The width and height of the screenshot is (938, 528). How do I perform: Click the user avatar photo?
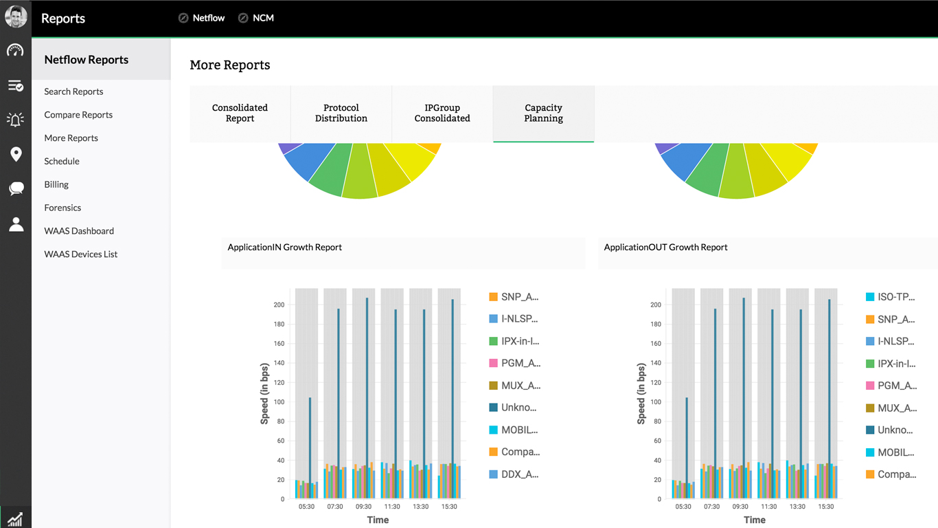[x=16, y=16]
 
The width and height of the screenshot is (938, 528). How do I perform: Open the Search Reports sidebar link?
[x=73, y=91]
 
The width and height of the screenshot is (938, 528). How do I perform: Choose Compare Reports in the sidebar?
[x=78, y=115]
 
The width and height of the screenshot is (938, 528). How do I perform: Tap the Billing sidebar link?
[x=56, y=184]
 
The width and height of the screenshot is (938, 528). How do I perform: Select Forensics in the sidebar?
[x=62, y=208]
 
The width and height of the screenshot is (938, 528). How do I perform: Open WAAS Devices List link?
[x=81, y=254]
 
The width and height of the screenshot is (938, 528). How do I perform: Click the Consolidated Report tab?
[x=240, y=113]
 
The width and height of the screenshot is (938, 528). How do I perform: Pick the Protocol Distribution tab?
[x=341, y=113]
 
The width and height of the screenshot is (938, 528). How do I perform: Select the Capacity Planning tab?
[x=543, y=113]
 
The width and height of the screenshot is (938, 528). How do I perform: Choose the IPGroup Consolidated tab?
[x=442, y=113]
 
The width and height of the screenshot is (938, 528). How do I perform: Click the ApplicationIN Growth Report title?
[x=285, y=247]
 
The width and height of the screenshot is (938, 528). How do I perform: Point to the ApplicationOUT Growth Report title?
[x=665, y=247]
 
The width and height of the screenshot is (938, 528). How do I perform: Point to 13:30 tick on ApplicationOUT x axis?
[x=797, y=507]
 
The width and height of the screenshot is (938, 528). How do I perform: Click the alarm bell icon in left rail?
[x=16, y=120]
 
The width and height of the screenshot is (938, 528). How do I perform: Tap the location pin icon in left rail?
[x=16, y=154]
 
